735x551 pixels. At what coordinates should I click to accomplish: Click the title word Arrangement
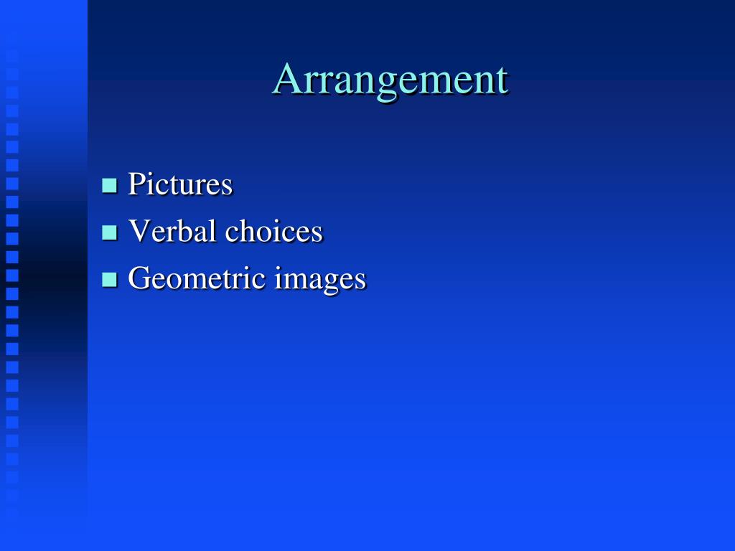390,80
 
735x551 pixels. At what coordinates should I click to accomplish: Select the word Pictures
180,184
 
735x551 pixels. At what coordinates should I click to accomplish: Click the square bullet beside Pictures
109,186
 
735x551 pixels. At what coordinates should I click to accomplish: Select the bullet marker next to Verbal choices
109,232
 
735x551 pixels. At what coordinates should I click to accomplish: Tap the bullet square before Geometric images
109,279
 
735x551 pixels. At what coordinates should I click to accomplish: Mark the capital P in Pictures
135,184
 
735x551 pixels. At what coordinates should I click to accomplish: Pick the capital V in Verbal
137,231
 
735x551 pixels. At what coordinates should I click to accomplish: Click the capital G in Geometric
139,278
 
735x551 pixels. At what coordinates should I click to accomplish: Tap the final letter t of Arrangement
502,80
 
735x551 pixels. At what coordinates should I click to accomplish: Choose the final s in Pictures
227,187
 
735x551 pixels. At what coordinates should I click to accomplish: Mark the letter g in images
329,283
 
